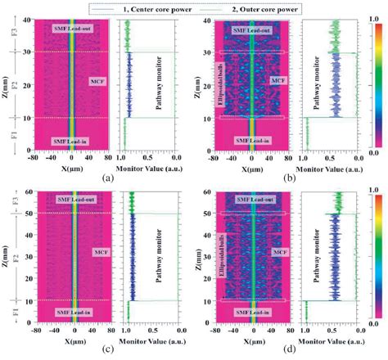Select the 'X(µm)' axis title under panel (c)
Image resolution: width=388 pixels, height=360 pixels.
[74, 340]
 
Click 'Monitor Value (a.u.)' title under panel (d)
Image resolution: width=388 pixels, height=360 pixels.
[327, 340]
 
